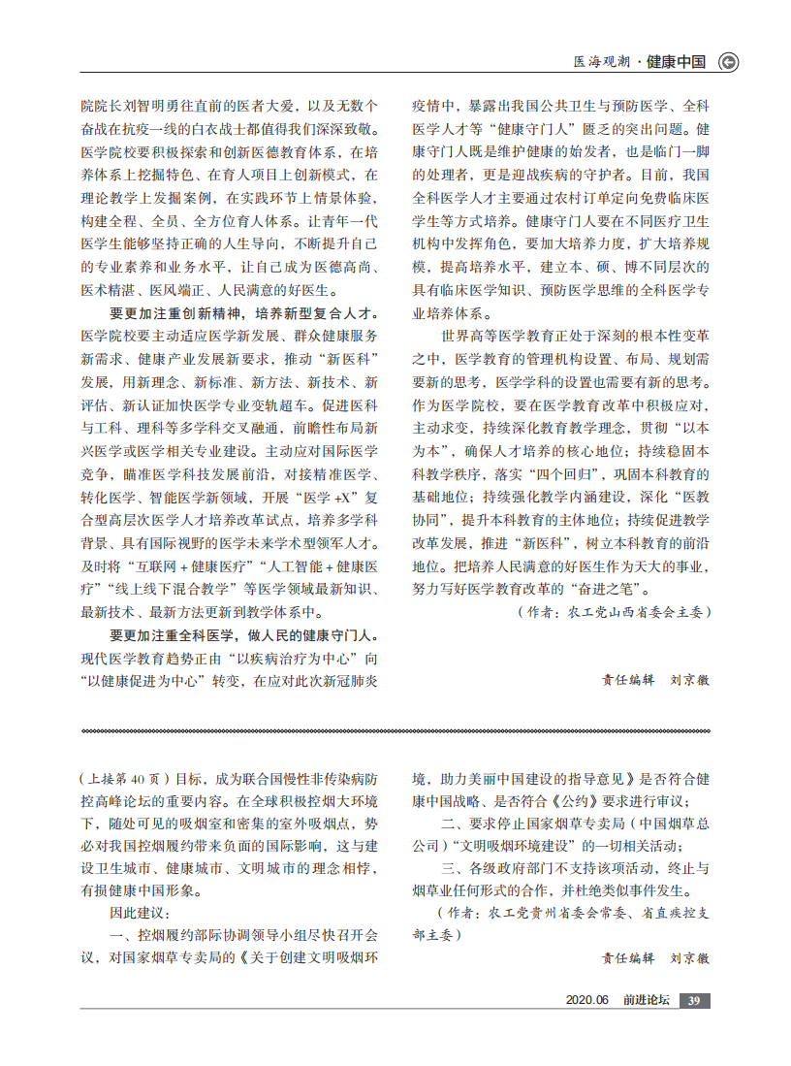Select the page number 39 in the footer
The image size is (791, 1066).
tap(693, 1001)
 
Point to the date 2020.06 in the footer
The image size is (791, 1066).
tap(586, 1001)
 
